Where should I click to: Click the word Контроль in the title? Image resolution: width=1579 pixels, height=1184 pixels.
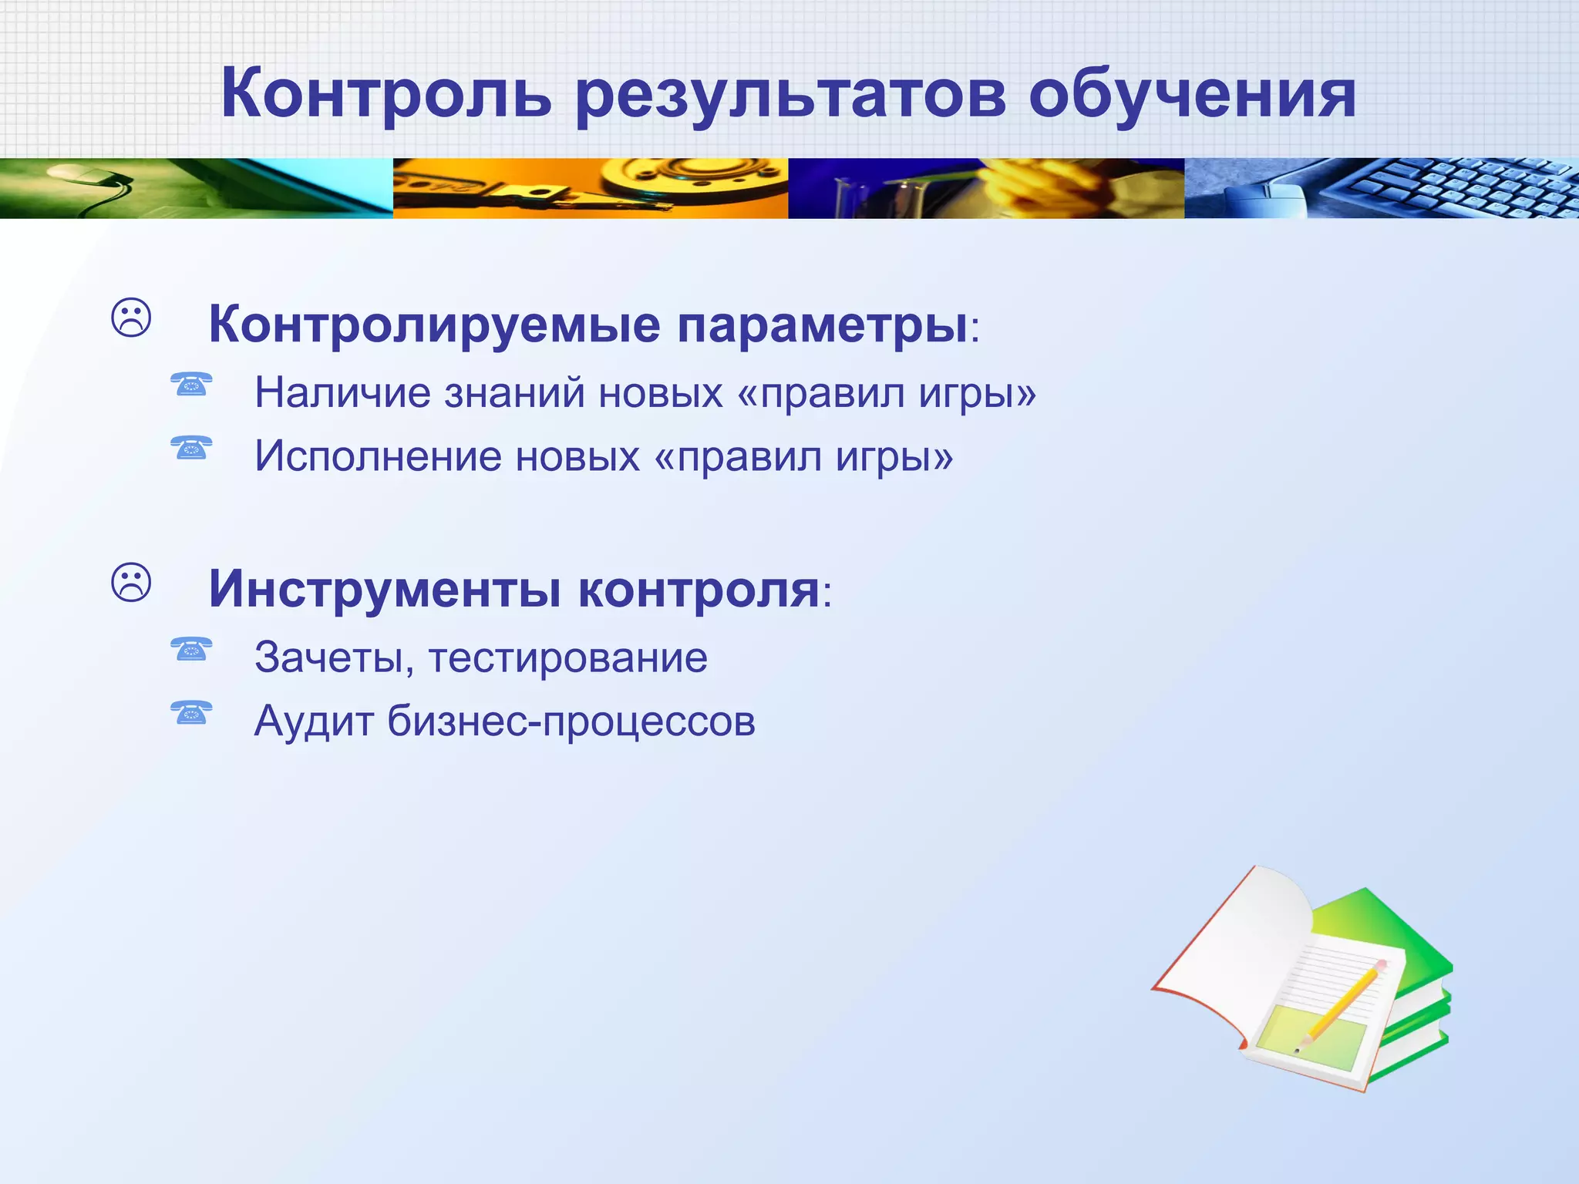386,94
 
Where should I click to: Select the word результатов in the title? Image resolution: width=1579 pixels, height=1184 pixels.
790,97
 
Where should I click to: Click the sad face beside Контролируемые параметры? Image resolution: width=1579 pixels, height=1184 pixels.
132,318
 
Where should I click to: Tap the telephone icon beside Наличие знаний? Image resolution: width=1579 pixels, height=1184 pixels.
191,383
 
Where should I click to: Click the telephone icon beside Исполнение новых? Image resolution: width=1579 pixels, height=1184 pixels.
191,446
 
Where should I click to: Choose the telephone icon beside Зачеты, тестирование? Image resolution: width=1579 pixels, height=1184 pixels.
191,648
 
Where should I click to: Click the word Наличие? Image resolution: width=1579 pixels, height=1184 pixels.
342,392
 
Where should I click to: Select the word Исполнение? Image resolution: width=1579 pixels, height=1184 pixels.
378,456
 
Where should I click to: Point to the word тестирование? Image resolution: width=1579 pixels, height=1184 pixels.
567,658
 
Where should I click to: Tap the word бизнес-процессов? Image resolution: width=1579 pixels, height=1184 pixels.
571,721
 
